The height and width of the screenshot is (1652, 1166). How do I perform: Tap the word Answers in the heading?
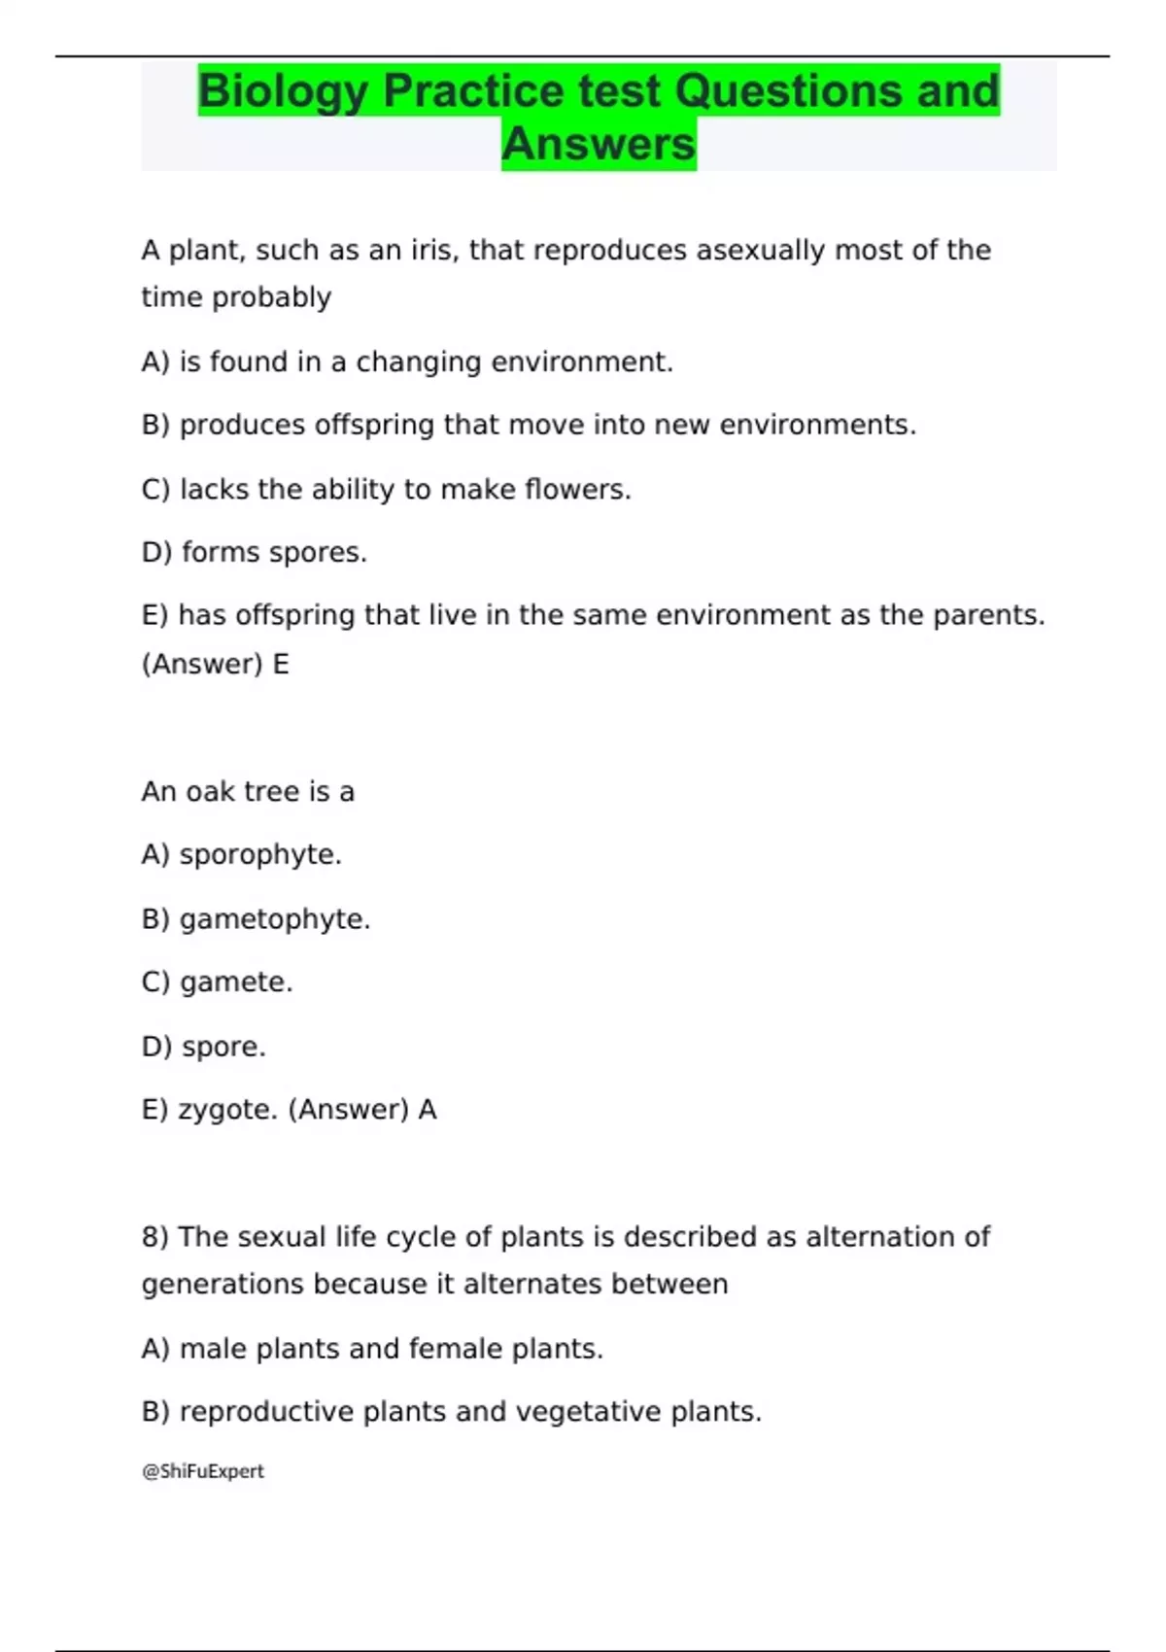pyautogui.click(x=599, y=144)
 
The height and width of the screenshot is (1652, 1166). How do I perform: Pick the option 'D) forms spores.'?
pyautogui.click(x=254, y=553)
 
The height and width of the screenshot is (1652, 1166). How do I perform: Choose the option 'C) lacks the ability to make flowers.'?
pyautogui.click(x=386, y=490)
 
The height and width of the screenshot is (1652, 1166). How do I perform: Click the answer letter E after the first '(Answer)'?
pyautogui.click(x=281, y=665)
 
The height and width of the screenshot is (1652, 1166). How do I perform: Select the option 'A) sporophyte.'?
pyautogui.click(x=241, y=855)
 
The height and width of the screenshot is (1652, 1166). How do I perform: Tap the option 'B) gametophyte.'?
pyautogui.click(x=256, y=919)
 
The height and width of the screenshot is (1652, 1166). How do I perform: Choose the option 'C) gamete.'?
pyautogui.click(x=217, y=982)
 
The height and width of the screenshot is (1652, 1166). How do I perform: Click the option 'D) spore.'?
pyautogui.click(x=203, y=1047)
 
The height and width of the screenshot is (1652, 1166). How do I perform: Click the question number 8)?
pyautogui.click(x=154, y=1237)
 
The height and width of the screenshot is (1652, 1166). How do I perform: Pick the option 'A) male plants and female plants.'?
pyautogui.click(x=372, y=1349)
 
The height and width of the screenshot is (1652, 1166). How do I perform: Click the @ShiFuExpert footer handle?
pyautogui.click(x=203, y=1471)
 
